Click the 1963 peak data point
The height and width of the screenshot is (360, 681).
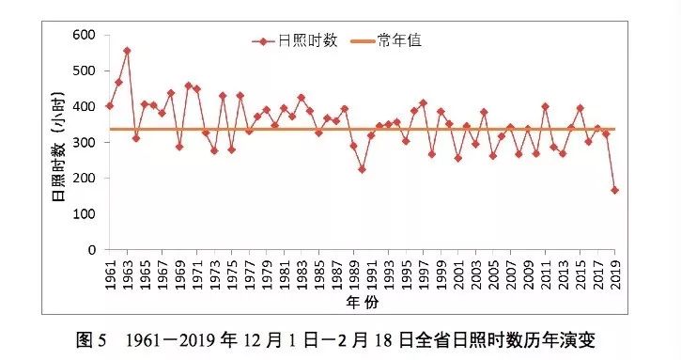(127, 51)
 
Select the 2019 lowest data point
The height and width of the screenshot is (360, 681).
(614, 190)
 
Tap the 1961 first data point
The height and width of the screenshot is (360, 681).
(110, 105)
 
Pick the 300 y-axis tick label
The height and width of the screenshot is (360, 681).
(85, 143)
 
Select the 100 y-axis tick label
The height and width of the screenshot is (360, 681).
(85, 214)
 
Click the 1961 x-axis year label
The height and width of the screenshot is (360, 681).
(110, 272)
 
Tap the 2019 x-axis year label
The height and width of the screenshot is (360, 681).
(614, 272)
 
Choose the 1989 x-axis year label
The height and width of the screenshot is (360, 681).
(353, 272)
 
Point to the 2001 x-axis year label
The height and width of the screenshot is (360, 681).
(457, 272)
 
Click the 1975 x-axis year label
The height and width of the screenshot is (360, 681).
(231, 272)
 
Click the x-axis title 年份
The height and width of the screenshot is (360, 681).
(362, 304)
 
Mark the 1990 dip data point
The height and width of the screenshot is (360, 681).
(362, 169)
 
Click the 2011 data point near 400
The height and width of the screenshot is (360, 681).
(545, 106)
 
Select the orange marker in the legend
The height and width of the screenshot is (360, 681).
(359, 40)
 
